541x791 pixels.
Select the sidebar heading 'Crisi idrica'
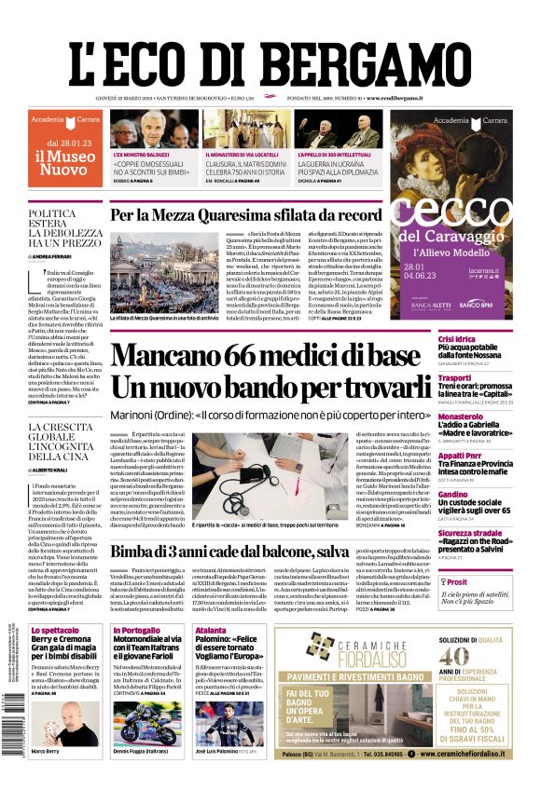(x=432, y=338)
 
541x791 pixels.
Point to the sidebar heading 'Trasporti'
(x=429, y=377)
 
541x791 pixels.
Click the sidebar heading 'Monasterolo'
(x=435, y=416)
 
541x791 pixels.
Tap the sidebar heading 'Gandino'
(x=427, y=494)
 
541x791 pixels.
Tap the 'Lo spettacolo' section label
(x=55, y=630)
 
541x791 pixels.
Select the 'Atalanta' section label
(x=211, y=630)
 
